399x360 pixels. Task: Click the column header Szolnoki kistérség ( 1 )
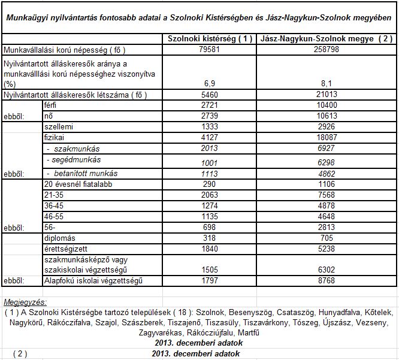[x=210, y=39]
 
